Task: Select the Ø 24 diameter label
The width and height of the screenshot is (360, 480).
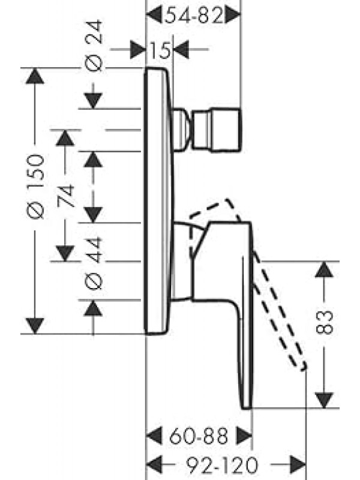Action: (95, 46)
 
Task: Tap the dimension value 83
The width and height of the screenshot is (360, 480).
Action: (324, 322)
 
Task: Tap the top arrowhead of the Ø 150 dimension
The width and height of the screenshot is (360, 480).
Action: (35, 77)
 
